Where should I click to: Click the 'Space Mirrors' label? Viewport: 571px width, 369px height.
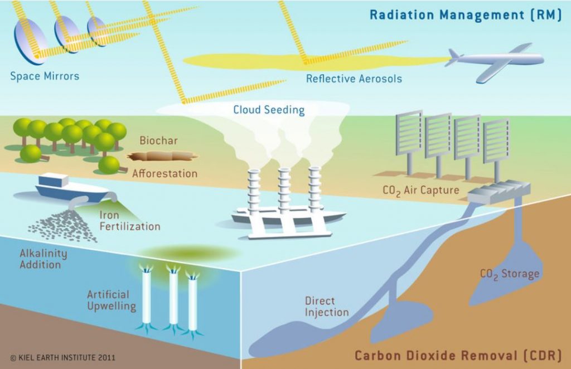tap(45, 75)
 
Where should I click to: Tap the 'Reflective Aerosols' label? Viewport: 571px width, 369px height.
tap(354, 79)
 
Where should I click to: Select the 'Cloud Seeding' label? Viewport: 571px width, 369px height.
tap(269, 109)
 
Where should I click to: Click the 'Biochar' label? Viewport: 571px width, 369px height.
tap(159, 140)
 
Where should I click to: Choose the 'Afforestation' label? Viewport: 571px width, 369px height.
tap(164, 173)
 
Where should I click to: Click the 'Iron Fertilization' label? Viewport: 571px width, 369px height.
tap(130, 221)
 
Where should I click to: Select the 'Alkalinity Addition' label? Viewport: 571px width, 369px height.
tap(43, 259)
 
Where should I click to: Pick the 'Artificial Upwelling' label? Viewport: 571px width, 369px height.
tap(112, 300)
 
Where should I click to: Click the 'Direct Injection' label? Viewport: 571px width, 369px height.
tap(327, 307)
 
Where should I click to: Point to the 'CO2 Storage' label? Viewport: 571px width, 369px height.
tap(510, 274)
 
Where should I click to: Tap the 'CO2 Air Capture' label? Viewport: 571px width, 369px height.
tap(421, 190)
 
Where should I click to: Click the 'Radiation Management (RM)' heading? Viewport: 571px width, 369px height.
tap(465, 15)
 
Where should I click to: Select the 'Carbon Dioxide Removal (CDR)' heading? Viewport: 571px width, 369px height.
tap(459, 355)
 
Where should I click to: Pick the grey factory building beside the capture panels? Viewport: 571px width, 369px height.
tap(491, 192)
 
